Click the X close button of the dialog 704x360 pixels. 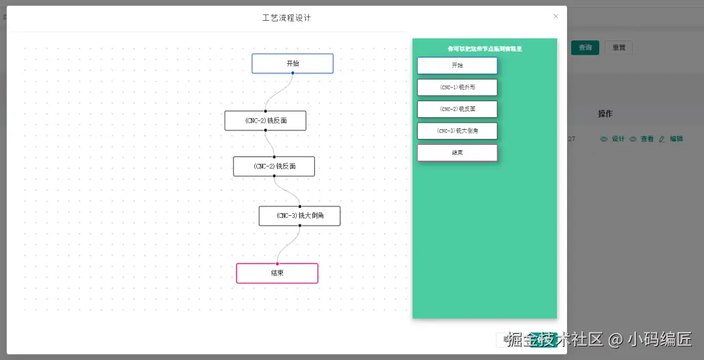click(555, 16)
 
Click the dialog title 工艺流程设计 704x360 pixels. click(287, 18)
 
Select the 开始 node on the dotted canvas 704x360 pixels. click(293, 63)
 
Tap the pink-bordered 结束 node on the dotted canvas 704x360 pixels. click(277, 273)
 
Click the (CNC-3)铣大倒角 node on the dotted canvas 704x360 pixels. click(299, 216)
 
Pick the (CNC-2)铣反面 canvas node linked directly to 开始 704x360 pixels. click(265, 121)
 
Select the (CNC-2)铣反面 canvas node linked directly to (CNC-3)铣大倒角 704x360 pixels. click(274, 166)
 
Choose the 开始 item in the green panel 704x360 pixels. click(457, 65)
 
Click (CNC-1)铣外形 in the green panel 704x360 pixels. click(457, 87)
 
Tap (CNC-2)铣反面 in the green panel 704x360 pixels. click(457, 109)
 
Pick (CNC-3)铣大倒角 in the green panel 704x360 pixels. click(457, 131)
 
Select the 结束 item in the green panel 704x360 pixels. click(457, 153)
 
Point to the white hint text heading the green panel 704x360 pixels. click(484, 48)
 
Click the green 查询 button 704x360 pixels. click(585, 48)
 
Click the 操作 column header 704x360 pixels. click(605, 114)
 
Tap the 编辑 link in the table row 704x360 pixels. click(676, 139)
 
